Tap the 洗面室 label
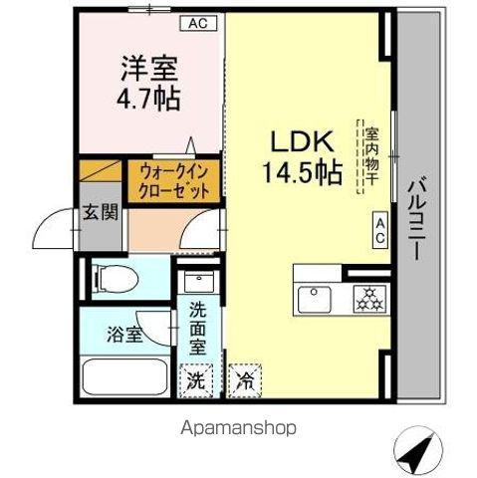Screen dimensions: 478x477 [x=197, y=328]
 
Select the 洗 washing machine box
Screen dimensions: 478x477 [x=197, y=378]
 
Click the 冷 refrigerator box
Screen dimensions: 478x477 [x=245, y=378]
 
